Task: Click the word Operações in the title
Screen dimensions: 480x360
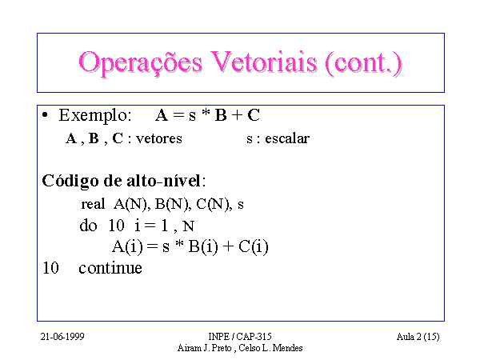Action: tap(141, 62)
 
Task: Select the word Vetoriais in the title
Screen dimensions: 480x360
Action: tap(263, 62)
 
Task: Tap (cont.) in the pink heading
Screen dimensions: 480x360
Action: tap(363, 62)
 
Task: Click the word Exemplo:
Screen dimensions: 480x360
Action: tap(95, 116)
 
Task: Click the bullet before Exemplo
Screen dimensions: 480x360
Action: tap(45, 115)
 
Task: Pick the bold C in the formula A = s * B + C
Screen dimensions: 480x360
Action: tap(254, 115)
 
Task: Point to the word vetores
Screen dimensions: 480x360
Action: tap(159, 138)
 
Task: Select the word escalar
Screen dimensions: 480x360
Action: tap(287, 138)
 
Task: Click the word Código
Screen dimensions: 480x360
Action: tap(70, 182)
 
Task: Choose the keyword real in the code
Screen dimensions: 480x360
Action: tap(93, 204)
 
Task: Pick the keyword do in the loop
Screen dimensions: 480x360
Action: tap(88, 226)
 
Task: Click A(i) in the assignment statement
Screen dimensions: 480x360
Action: tap(127, 246)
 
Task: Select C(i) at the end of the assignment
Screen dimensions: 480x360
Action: tap(253, 246)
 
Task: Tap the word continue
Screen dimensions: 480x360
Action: tap(110, 268)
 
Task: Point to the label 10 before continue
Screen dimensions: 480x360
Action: tap(50, 268)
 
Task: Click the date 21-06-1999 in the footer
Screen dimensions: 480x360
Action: tap(62, 337)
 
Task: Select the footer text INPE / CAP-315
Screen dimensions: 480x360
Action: tap(240, 337)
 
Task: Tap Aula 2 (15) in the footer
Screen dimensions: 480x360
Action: tap(418, 337)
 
